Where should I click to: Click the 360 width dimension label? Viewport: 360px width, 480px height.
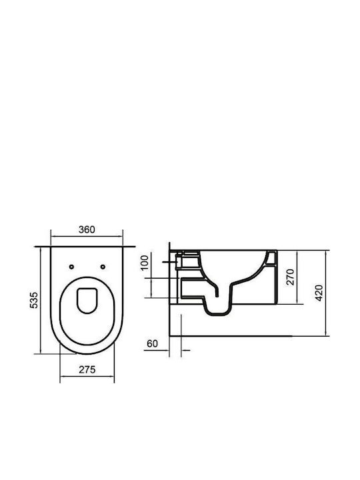[x=87, y=229]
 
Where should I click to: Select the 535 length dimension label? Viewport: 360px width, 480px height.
[x=34, y=300]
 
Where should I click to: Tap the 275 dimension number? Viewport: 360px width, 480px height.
[x=87, y=370]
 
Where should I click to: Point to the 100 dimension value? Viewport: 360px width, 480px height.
[x=145, y=263]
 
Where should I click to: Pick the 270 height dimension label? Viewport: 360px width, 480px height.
[x=290, y=277]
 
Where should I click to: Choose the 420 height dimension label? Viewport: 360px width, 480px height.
[x=319, y=293]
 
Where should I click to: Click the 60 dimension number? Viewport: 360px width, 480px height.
[x=153, y=344]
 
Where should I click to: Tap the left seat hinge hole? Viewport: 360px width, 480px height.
[x=71, y=267]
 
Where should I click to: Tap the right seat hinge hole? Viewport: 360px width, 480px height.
[x=103, y=267]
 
